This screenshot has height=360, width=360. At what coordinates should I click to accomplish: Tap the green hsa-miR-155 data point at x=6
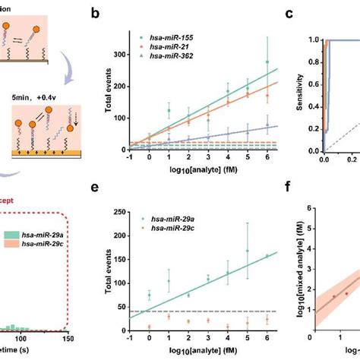[267, 62]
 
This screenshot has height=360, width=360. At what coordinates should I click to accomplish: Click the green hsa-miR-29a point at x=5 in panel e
[247, 250]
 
